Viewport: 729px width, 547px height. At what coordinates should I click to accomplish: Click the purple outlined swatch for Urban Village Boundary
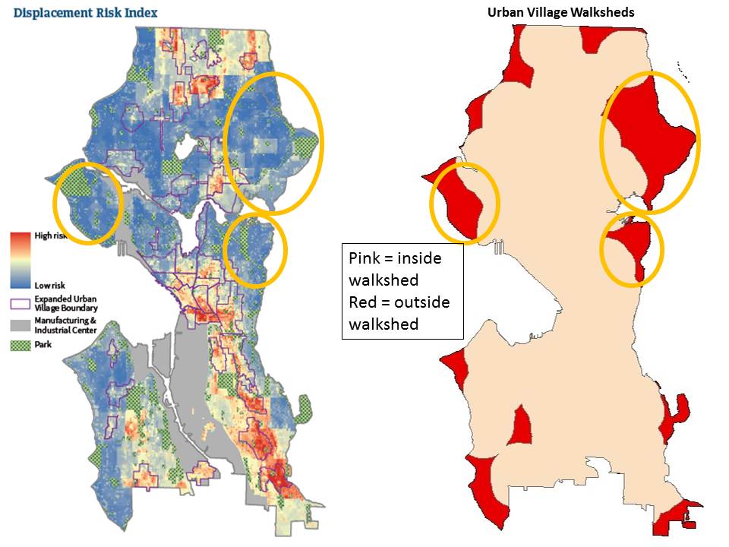click(21, 304)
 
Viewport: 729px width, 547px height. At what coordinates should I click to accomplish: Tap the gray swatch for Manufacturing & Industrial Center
click(21, 325)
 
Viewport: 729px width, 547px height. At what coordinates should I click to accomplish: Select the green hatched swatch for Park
click(21, 344)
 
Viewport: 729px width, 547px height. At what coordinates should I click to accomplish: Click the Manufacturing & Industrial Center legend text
click(66, 325)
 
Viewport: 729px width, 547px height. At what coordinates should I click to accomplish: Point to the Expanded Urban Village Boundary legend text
click(66, 304)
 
